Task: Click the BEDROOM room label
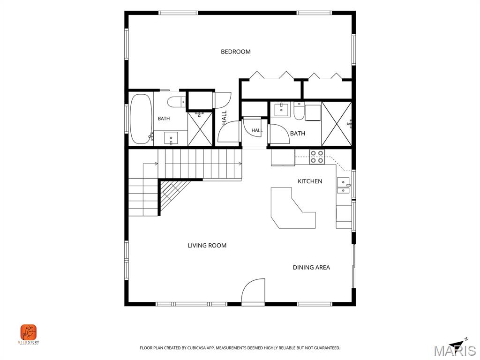pyautogui.click(x=236, y=52)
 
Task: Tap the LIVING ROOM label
pyautogui.click(x=207, y=246)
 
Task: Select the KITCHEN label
pyautogui.click(x=310, y=181)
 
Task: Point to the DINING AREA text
pyautogui.click(x=311, y=268)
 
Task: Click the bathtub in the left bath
pyautogui.click(x=141, y=119)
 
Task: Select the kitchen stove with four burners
pyautogui.click(x=317, y=157)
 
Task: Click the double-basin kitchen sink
pyautogui.click(x=343, y=185)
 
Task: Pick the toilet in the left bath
pyautogui.click(x=177, y=102)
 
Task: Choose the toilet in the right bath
pyautogui.click(x=299, y=111)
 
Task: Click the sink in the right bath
pyautogui.click(x=281, y=110)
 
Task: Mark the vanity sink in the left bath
pyautogui.click(x=171, y=138)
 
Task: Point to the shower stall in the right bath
pyautogui.click(x=337, y=124)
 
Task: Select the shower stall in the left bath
pyautogui.click(x=200, y=128)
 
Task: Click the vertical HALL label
pyautogui.click(x=225, y=118)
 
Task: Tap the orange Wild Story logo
pyautogui.click(x=29, y=332)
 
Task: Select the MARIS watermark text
pyautogui.click(x=455, y=351)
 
